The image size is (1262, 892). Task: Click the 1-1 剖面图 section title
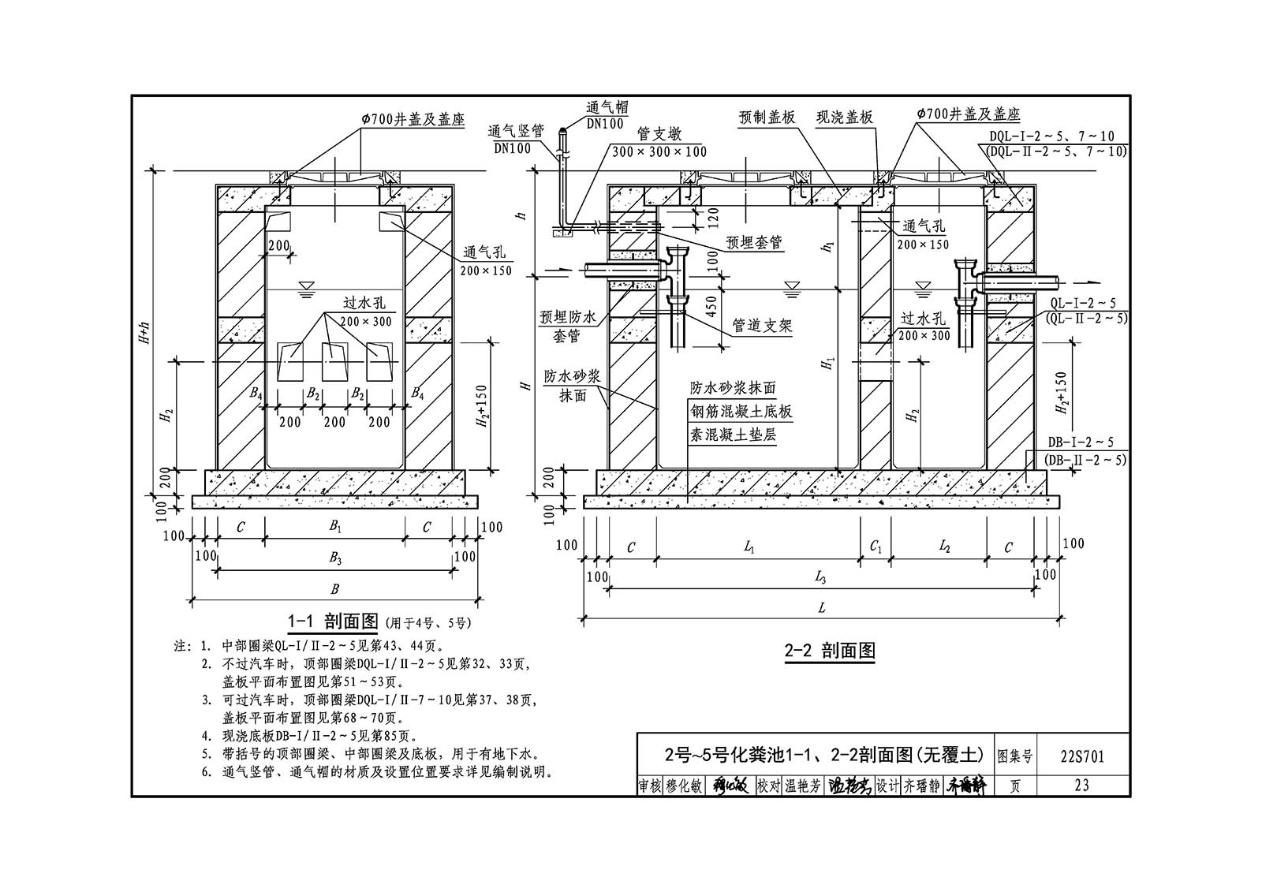pos(333,621)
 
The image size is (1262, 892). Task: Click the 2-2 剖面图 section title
pos(829,651)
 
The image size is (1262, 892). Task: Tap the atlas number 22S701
pos(1082,756)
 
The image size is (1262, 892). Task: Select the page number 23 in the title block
pos(1081,785)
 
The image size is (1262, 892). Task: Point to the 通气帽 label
pos(607,107)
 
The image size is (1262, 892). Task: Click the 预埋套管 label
pos(754,242)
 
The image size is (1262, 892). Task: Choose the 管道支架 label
pos(762,325)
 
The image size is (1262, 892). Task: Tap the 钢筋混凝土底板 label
pos(741,412)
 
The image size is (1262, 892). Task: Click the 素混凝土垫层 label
pos(734,435)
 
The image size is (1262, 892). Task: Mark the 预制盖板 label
pos(767,118)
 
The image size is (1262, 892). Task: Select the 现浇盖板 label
pos(845,118)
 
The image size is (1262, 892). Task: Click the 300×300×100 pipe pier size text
pos(659,151)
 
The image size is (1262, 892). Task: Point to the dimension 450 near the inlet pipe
pos(711,307)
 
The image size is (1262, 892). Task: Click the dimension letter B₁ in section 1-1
pos(335,526)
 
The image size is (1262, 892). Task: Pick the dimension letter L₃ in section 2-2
pos(820,577)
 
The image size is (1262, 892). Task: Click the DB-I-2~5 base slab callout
pos(1081,442)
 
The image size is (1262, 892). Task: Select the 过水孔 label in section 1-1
pos(364,303)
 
